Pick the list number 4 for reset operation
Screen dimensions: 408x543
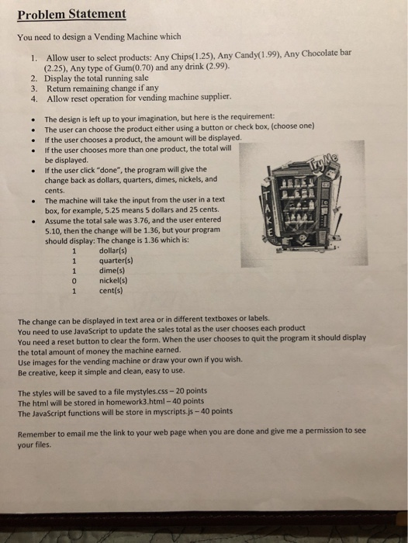click(34, 99)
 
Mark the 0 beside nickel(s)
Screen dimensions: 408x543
click(74, 282)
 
